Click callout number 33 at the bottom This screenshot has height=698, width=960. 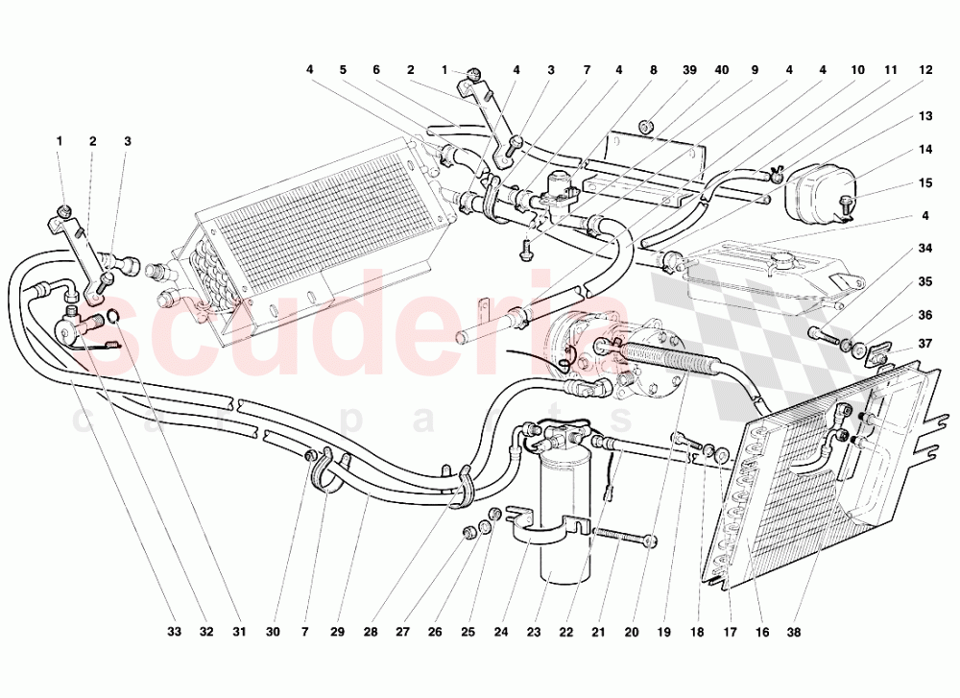point(175,632)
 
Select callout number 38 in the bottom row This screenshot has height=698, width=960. point(794,632)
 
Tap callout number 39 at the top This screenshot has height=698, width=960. point(689,70)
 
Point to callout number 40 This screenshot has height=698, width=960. point(722,70)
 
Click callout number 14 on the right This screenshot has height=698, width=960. point(925,150)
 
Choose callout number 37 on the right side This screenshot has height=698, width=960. point(925,344)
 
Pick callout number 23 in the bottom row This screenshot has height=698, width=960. point(533,632)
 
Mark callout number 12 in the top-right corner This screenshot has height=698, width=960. point(925,70)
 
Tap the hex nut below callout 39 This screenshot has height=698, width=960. point(646,128)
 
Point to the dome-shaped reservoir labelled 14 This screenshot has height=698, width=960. point(817,190)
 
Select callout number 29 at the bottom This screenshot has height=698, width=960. point(337,632)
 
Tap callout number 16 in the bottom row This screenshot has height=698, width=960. point(761,632)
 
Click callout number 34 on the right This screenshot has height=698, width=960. point(925,249)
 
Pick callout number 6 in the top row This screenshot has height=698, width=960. point(376,70)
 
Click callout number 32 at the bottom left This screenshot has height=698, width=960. point(206,632)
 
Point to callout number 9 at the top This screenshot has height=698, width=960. point(755,70)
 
